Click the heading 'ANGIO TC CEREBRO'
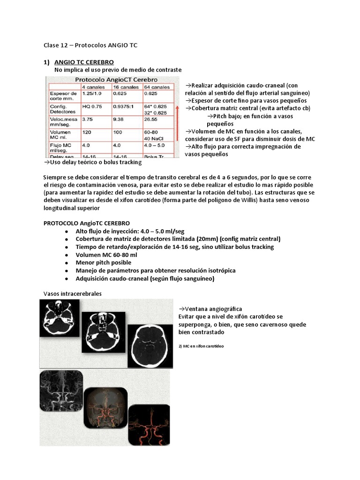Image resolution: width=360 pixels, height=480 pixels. (84, 62)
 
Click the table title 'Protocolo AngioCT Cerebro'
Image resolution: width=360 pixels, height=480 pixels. (117, 80)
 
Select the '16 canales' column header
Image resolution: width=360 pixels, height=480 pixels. (126, 87)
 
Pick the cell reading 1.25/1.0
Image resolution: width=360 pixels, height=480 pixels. (92, 94)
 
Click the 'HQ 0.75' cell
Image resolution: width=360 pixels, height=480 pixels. (91, 106)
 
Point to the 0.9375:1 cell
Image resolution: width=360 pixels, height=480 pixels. (123, 106)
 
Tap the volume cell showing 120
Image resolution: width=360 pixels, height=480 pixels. (88, 133)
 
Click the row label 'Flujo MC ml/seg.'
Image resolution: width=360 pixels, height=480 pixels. (61, 148)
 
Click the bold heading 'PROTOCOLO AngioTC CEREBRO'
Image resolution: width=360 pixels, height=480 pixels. (87, 223)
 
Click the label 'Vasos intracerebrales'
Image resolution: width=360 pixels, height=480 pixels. (73, 293)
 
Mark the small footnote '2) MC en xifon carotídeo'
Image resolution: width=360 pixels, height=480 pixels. (202, 345)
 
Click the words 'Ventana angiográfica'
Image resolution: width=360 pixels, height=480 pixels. (210, 309)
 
